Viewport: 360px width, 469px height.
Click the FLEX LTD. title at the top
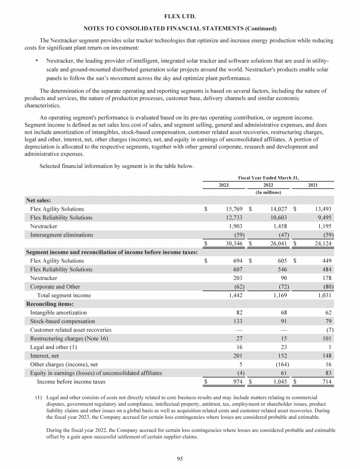click(180, 16)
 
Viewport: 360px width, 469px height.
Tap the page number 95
click(180, 459)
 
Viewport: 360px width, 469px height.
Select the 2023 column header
click(224, 185)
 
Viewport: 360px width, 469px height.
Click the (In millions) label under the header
click(268, 192)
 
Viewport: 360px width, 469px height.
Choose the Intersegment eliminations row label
click(61, 234)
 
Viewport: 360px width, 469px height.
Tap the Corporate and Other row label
click(55, 287)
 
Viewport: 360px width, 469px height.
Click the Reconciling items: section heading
click(46, 304)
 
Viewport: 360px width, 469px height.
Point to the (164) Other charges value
click(281, 364)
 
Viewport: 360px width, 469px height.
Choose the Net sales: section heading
click(38, 200)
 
